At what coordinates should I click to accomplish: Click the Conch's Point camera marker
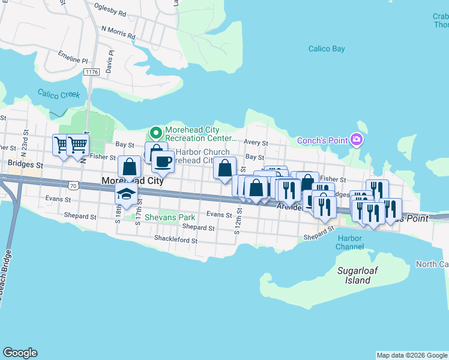coord(357,140)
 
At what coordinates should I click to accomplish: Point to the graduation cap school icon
coord(125,194)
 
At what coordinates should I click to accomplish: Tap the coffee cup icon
coord(162,160)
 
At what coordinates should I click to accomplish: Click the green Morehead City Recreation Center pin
coord(155,131)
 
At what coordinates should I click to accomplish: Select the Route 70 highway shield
coord(73,187)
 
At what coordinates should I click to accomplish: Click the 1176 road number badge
coord(92,72)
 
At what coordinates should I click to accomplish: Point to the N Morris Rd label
coord(118,29)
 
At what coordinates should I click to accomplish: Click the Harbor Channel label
coord(349,242)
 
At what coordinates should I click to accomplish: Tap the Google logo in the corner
coord(20,353)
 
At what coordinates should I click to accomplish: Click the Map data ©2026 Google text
coord(412,355)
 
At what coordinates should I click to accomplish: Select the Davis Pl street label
coord(110,62)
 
